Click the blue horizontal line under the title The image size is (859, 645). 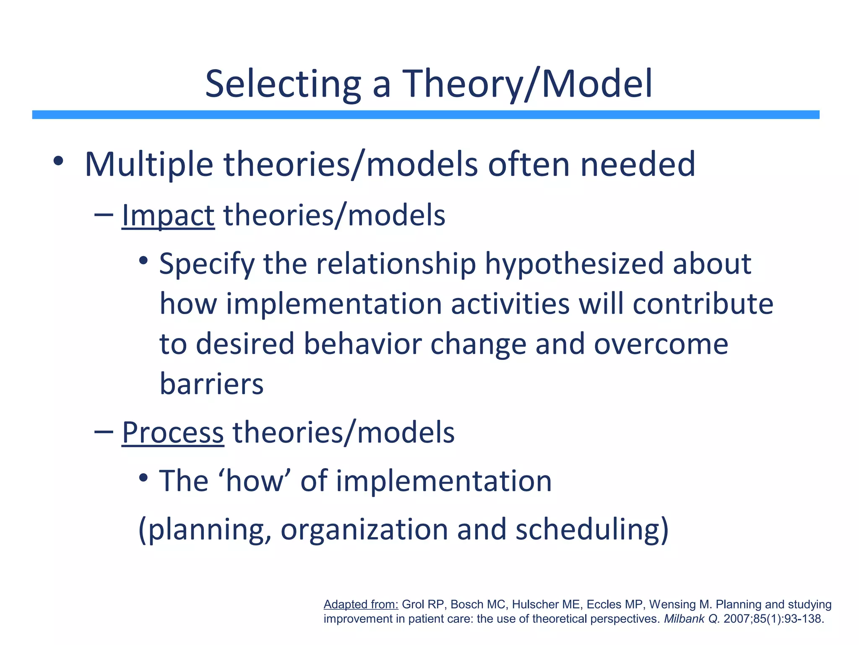click(x=425, y=115)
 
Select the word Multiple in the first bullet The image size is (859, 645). click(x=149, y=165)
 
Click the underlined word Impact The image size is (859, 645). click(x=168, y=215)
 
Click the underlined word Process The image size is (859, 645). click(x=172, y=433)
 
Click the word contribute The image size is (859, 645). click(x=703, y=304)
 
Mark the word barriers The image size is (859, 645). click(x=211, y=384)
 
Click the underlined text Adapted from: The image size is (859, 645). click(x=361, y=604)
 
